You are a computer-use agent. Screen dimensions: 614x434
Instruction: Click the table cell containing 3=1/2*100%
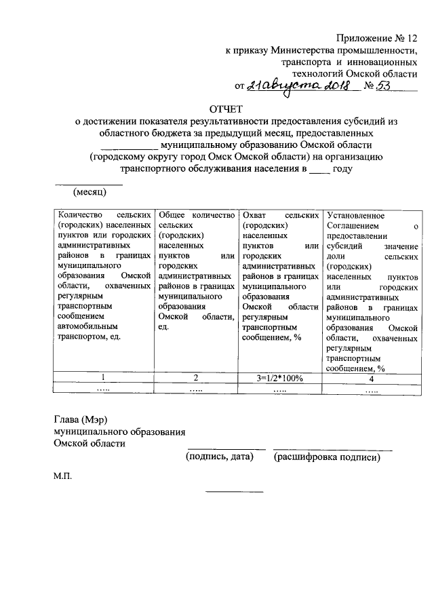(x=279, y=378)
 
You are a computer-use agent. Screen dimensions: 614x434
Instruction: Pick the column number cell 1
(x=103, y=378)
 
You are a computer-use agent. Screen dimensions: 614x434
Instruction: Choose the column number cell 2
(x=195, y=378)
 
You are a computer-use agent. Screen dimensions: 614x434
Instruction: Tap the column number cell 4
(x=372, y=378)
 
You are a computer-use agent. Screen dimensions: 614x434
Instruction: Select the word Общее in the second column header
(x=170, y=214)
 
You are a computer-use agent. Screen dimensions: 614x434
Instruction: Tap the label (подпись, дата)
(x=220, y=458)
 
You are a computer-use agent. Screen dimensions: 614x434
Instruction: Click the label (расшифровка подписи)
(x=327, y=458)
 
